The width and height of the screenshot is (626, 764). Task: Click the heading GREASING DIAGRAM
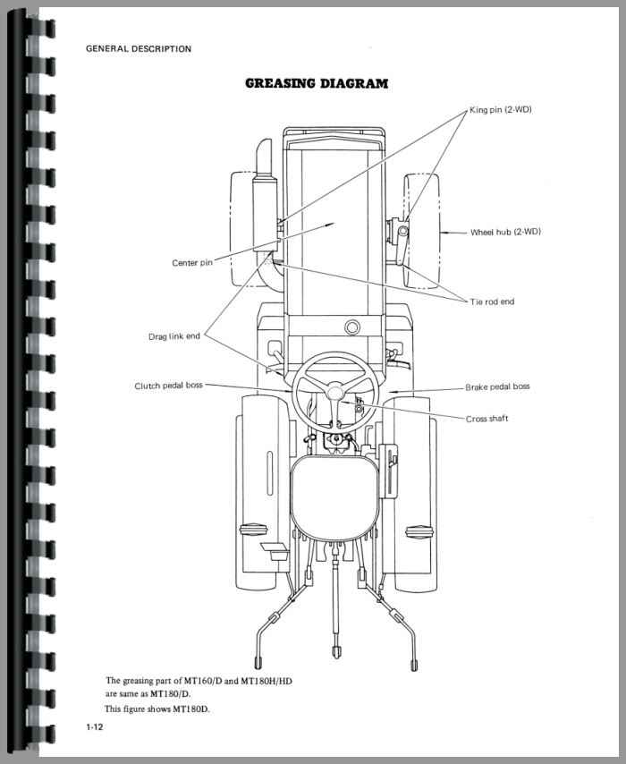click(317, 84)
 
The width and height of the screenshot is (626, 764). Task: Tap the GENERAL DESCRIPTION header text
click(138, 49)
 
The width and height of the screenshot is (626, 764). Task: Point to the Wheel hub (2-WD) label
click(505, 232)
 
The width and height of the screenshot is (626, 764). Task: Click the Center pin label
click(191, 263)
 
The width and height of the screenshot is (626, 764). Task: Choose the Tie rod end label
click(493, 301)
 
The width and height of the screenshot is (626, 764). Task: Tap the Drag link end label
click(173, 336)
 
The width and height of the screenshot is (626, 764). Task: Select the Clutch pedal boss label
click(168, 386)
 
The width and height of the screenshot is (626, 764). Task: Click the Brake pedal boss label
click(497, 386)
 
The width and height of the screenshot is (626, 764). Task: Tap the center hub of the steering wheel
click(336, 392)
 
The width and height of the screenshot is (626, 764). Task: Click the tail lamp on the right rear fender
click(417, 531)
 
